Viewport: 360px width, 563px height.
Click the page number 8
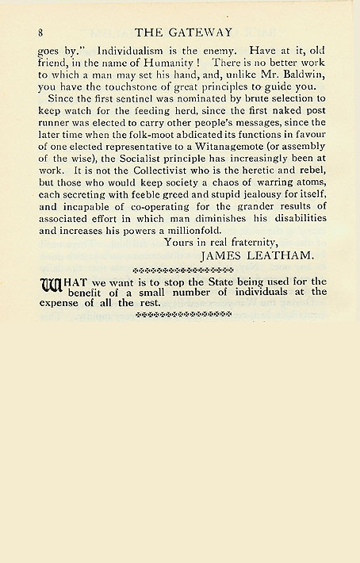click(x=40, y=33)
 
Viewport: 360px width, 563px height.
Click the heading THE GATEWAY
click(x=183, y=33)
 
